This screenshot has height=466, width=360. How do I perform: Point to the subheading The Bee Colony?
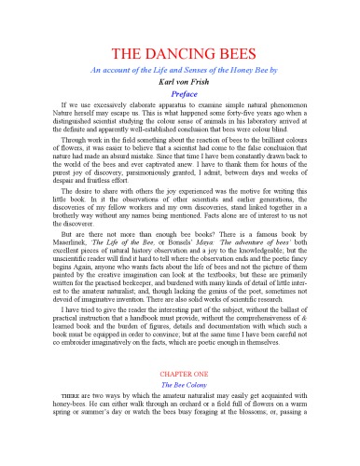pyautogui.click(x=180, y=421)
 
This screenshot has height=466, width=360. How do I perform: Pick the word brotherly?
pyautogui.click(x=55, y=235)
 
